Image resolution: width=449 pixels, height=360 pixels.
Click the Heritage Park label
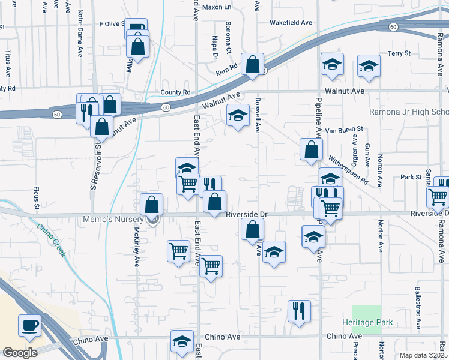click(372, 322)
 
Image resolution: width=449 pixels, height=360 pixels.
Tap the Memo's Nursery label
click(121, 220)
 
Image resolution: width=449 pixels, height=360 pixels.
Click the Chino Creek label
click(51, 240)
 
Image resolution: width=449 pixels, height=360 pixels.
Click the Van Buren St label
click(344, 129)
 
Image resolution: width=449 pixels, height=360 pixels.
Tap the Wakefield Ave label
click(291, 22)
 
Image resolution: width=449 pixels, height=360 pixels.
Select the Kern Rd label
click(227, 68)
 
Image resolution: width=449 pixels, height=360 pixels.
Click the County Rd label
click(175, 92)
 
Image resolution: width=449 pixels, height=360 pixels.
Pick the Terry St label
click(399, 53)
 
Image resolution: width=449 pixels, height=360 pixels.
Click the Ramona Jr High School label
click(408, 112)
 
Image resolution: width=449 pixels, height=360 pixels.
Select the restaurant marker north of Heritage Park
click(298, 311)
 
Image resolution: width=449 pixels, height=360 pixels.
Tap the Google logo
click(20, 353)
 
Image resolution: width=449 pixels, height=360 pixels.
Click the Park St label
click(411, 178)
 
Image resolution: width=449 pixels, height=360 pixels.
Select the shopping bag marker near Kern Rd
click(253, 64)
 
